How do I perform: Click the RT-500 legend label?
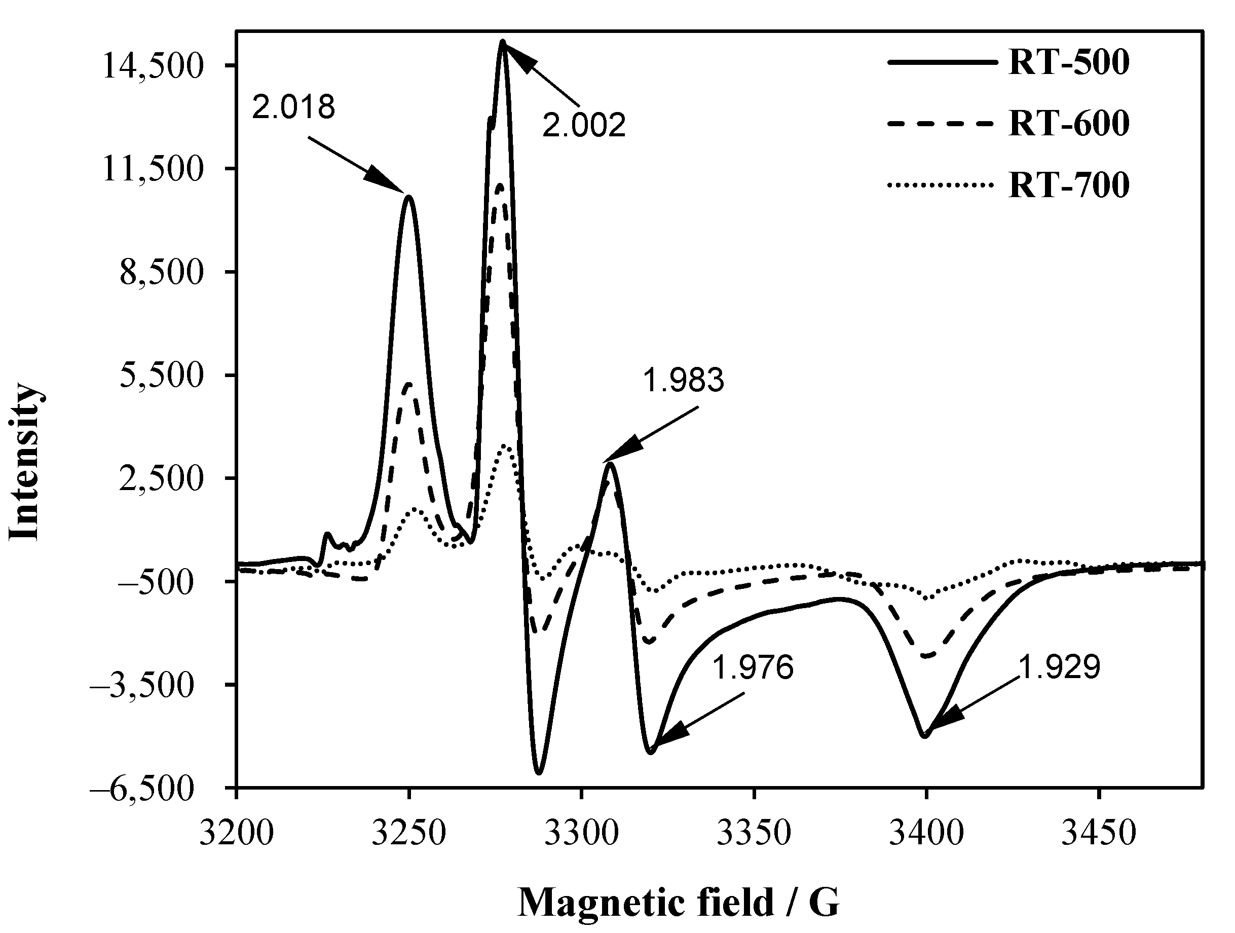pos(1069,62)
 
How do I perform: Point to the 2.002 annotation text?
pos(584,125)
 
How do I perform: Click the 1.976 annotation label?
pos(752,667)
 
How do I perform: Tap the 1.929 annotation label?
pos(1059,666)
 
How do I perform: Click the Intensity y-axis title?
pos(25,462)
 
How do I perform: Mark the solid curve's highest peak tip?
pos(503,42)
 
